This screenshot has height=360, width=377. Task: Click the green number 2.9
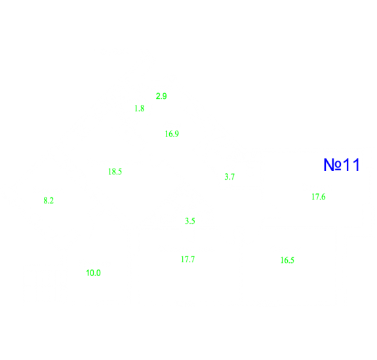[x=161, y=96]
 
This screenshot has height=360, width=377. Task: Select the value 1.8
[x=140, y=108]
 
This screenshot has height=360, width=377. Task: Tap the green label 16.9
[x=172, y=134]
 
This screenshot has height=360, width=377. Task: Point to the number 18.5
[x=115, y=172]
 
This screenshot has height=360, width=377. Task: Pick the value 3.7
[x=229, y=177]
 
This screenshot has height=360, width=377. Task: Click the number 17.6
[x=319, y=197]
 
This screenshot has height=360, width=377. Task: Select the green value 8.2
[x=49, y=201]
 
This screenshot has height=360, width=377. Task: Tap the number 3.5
[x=190, y=221]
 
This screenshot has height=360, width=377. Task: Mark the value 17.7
[x=188, y=260]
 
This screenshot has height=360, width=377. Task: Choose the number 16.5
[x=287, y=260]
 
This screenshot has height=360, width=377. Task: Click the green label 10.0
[x=93, y=273]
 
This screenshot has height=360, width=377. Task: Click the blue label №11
[x=342, y=165]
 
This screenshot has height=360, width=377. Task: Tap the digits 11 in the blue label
[x=351, y=165]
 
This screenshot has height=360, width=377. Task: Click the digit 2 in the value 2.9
[x=158, y=96]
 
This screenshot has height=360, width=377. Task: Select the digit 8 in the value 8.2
[x=45, y=201]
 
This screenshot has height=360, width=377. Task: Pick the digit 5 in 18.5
[x=120, y=172]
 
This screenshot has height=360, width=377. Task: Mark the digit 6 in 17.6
[x=323, y=197]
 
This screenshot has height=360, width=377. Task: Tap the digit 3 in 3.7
[x=226, y=177]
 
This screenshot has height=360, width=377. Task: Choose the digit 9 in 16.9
[x=177, y=134]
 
